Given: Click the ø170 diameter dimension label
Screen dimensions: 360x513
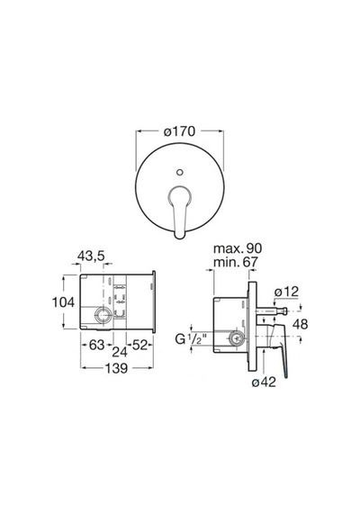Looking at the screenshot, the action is (179, 131).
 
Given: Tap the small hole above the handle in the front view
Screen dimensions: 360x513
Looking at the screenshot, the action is (179, 173).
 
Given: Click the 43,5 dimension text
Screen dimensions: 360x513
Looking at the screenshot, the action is (91, 256).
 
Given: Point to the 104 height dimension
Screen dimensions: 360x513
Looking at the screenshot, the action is (64, 302).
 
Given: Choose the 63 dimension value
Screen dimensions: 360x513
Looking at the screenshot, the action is (96, 345).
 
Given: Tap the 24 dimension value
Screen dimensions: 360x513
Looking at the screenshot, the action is (120, 352).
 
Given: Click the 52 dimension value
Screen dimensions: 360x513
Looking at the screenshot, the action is (139, 345).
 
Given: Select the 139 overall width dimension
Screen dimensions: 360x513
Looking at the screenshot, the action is (116, 368).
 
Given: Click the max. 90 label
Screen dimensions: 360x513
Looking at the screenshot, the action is (238, 248).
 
